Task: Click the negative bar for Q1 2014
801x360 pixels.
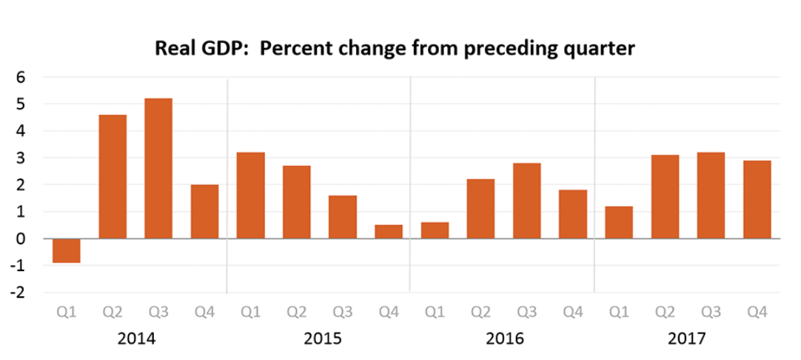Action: click(x=66, y=250)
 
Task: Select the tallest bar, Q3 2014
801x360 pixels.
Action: click(x=158, y=168)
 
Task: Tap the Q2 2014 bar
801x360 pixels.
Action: click(x=113, y=176)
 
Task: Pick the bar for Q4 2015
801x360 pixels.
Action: click(x=388, y=231)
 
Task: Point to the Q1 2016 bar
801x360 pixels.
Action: click(x=435, y=230)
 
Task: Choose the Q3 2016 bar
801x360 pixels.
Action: click(x=526, y=200)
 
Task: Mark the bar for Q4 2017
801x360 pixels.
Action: click(x=757, y=199)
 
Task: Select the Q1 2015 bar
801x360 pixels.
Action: click(x=250, y=195)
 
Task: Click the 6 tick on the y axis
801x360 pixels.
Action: click(x=21, y=77)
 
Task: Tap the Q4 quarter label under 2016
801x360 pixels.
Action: click(x=572, y=313)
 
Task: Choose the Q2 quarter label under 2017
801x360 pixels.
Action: click(x=664, y=313)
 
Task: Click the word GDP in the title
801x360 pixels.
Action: click(x=218, y=50)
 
